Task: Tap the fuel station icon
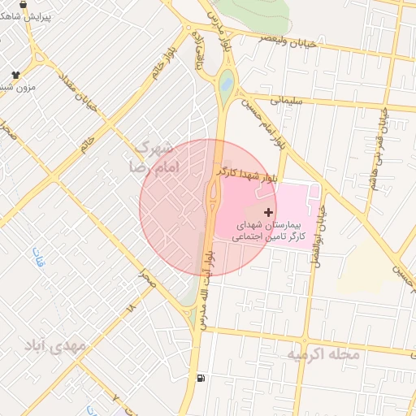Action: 201,378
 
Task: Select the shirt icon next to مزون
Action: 15,73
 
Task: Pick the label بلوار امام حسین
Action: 271,125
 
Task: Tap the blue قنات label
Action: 37,258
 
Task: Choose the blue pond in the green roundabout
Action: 226,81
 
